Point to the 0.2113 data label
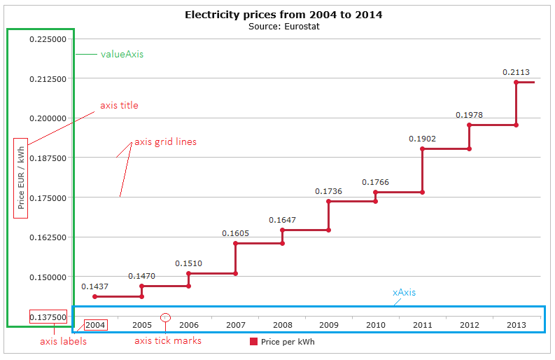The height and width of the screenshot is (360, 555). (x=516, y=71)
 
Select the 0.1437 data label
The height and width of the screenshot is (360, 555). (x=94, y=286)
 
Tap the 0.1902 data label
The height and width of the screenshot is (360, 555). (x=422, y=139)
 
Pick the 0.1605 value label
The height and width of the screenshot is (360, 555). (x=235, y=233)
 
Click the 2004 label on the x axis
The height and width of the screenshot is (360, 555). (x=95, y=325)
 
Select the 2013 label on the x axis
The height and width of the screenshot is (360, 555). (x=516, y=325)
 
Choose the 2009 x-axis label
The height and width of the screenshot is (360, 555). (x=329, y=325)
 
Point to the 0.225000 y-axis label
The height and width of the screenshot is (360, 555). (x=48, y=39)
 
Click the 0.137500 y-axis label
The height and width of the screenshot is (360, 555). (x=48, y=317)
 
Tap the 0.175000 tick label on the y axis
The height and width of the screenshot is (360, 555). (x=48, y=198)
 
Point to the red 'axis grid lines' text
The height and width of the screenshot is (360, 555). (x=165, y=141)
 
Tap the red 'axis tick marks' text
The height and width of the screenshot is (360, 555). (x=168, y=341)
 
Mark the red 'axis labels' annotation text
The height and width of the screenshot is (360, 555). (x=64, y=342)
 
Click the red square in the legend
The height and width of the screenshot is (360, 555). (x=253, y=342)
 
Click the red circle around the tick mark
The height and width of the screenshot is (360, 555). (x=166, y=317)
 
